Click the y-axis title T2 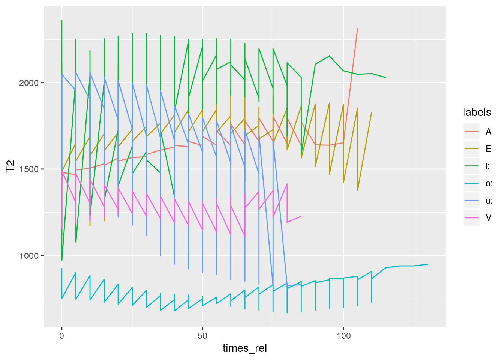10,166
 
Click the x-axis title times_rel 245,348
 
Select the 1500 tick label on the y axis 29,169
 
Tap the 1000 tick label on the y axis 29,256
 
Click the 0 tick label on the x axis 62,336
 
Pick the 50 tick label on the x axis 202,336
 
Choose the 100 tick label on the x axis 343,336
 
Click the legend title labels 477,112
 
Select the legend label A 488,132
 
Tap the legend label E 488,149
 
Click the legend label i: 487,166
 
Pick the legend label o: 489,183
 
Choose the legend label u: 489,201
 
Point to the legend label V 488,218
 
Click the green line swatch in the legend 471,166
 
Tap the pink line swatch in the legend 471,218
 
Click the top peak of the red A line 357,29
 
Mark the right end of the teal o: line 428,264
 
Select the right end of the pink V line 301,216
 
